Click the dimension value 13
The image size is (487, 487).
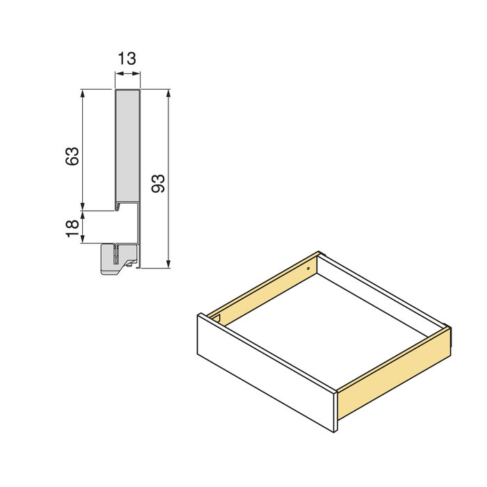tap(127, 59)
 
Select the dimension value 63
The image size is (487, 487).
tap(71, 156)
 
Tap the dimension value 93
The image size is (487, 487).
tap(158, 183)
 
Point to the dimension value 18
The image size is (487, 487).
tap(72, 227)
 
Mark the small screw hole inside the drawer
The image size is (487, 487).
tap(308, 266)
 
